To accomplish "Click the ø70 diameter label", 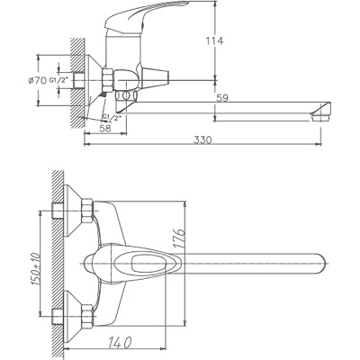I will pos(37,81).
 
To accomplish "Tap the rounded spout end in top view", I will pos(315,265).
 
